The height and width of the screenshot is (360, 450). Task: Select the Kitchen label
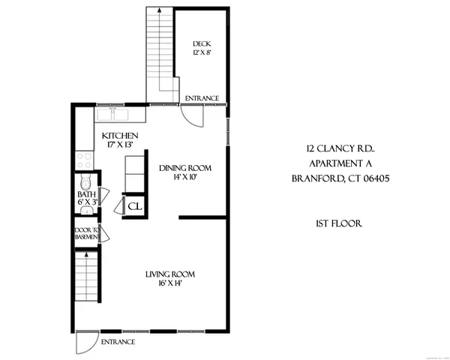click(119, 135)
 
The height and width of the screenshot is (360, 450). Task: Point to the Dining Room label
click(184, 168)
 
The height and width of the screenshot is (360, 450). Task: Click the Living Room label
click(169, 274)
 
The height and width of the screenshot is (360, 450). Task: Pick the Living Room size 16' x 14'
click(169, 284)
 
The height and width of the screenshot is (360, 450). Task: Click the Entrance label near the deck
click(202, 98)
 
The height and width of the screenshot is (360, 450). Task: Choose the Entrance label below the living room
click(118, 342)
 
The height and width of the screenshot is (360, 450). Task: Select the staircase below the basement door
click(87, 277)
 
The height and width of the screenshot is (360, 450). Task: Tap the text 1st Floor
click(335, 223)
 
